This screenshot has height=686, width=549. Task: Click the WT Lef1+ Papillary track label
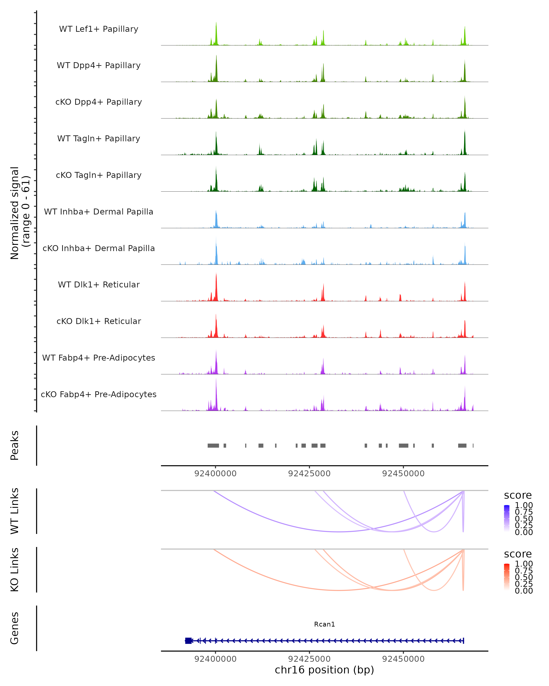pos(99,29)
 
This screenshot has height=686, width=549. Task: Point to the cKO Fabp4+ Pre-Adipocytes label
pos(99,394)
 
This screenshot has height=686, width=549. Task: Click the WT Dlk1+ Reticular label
pos(99,284)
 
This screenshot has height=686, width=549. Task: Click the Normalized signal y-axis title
pos(20,213)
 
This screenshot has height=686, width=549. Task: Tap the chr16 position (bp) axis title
pos(324,670)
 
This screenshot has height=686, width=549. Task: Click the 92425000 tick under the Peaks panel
pos(309,474)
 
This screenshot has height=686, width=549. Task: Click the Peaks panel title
pos(15,445)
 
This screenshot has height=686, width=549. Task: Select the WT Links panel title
pos(15,511)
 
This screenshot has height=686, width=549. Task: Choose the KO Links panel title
pos(15,570)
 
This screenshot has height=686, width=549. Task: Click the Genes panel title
pos(15,628)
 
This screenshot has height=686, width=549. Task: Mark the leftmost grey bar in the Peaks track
pos(213,445)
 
